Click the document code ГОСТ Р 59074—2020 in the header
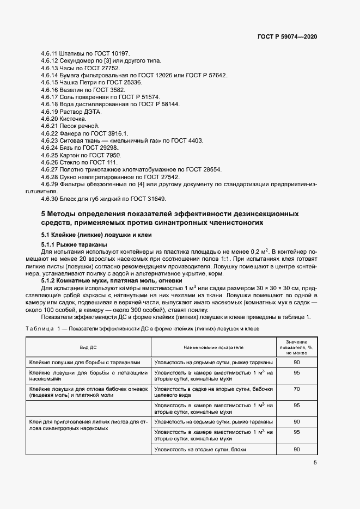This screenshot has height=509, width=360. (287, 36)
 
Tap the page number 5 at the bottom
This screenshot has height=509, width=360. (315, 463)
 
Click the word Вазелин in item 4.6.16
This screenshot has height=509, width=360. (71, 89)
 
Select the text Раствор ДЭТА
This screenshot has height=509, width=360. (81, 111)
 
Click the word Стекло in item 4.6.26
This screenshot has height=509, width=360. (70, 162)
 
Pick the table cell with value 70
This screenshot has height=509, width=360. (297, 389)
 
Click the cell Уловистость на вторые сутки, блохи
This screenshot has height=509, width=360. (201, 449)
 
